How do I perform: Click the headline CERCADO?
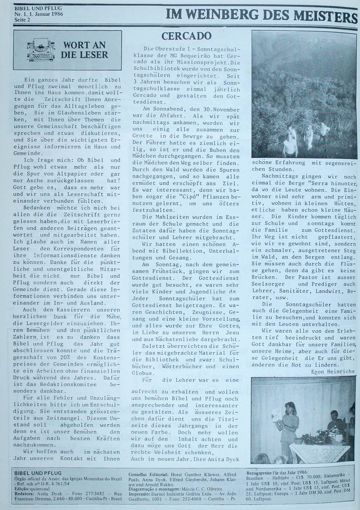[186, 36]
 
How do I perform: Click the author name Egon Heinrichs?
[332, 372]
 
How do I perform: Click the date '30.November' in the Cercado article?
[222, 110]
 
